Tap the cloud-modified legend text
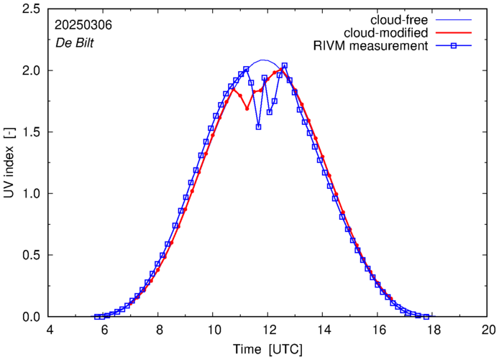point(387,33)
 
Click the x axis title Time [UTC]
point(268,349)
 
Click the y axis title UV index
point(9,163)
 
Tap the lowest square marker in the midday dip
point(258,126)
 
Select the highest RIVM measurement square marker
point(285,66)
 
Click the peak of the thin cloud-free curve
point(264,60)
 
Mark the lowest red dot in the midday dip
point(247,109)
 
